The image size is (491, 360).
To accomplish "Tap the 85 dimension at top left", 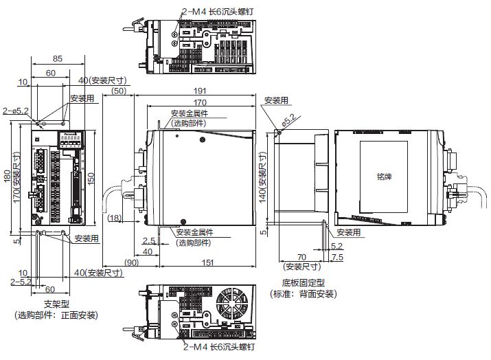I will (57, 59).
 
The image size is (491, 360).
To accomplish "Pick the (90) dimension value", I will (131, 262).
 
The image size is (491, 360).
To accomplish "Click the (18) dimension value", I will (115, 218).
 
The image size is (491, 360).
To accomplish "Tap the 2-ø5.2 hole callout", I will (15, 110).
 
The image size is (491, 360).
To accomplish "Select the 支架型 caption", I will (56, 304).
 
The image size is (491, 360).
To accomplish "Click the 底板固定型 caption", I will (303, 282).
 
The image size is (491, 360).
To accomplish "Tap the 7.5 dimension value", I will (336, 257).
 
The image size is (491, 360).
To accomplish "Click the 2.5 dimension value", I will (148, 240).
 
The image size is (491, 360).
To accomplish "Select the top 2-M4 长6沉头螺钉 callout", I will (218, 10).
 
